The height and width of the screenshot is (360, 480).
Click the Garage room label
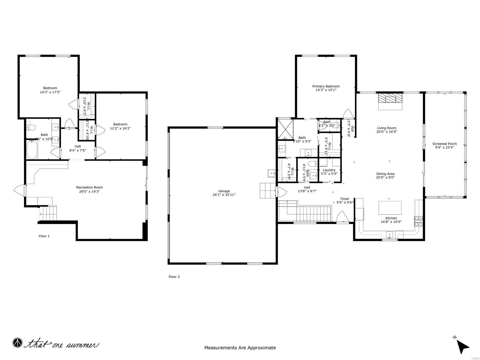(x=224, y=191)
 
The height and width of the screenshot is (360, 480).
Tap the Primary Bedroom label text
(x=326, y=86)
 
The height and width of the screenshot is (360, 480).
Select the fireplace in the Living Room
(x=390, y=99)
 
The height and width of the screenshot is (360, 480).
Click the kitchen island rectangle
(x=390, y=207)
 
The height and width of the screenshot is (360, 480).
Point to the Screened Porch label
(x=444, y=144)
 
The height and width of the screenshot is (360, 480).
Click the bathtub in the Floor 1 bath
(x=32, y=150)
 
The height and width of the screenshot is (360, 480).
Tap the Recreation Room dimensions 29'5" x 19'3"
(x=89, y=191)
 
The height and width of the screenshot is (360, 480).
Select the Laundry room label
(x=329, y=170)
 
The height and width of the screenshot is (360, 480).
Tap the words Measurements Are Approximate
(x=240, y=348)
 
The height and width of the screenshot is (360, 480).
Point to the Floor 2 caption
(x=174, y=277)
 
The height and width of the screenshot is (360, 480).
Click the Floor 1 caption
(x=44, y=236)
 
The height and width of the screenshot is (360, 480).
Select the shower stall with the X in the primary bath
(x=285, y=128)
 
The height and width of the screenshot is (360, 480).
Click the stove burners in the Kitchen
(x=418, y=221)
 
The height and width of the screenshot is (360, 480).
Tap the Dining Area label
(x=385, y=174)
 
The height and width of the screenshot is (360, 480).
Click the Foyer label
(x=345, y=199)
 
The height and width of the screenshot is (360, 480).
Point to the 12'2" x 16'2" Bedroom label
(x=120, y=124)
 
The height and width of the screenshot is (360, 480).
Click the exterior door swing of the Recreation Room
(x=20, y=190)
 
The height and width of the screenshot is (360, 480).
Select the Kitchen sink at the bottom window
(x=389, y=235)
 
